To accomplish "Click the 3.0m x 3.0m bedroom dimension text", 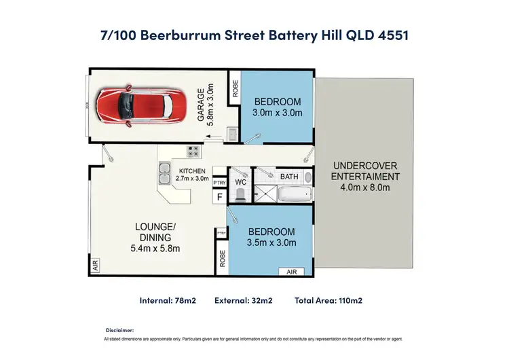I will (277, 113).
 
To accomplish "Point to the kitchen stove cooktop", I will (192, 151).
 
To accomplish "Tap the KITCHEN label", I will (193, 171).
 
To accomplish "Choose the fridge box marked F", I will (219, 198).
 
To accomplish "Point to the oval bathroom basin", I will (307, 177).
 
